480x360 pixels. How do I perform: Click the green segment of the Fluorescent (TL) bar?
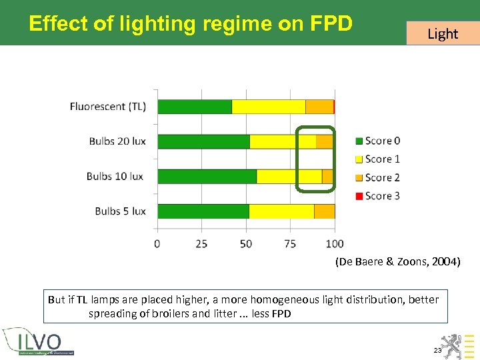tap(195, 107)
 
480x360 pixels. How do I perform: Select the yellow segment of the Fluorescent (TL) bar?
tap(269, 107)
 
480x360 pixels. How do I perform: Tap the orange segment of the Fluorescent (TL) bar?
tap(319, 107)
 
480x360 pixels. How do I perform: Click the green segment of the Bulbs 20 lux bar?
tap(203, 141)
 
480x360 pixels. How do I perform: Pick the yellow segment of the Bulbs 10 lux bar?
tap(289, 177)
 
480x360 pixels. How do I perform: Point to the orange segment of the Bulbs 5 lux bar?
tap(324, 211)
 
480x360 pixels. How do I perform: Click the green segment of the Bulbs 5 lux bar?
tap(203, 211)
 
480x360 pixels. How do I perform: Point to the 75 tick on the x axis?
tap(290, 244)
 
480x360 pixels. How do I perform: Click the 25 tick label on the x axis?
tap(201, 244)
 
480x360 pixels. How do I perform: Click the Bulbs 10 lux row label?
tap(115, 177)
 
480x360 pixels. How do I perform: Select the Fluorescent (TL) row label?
tap(108, 107)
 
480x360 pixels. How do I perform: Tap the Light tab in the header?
tap(443, 33)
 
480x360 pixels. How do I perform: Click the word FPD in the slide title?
tap(331, 24)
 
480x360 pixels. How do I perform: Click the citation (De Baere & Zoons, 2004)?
tap(397, 262)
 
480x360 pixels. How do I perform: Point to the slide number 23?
tap(437, 350)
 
